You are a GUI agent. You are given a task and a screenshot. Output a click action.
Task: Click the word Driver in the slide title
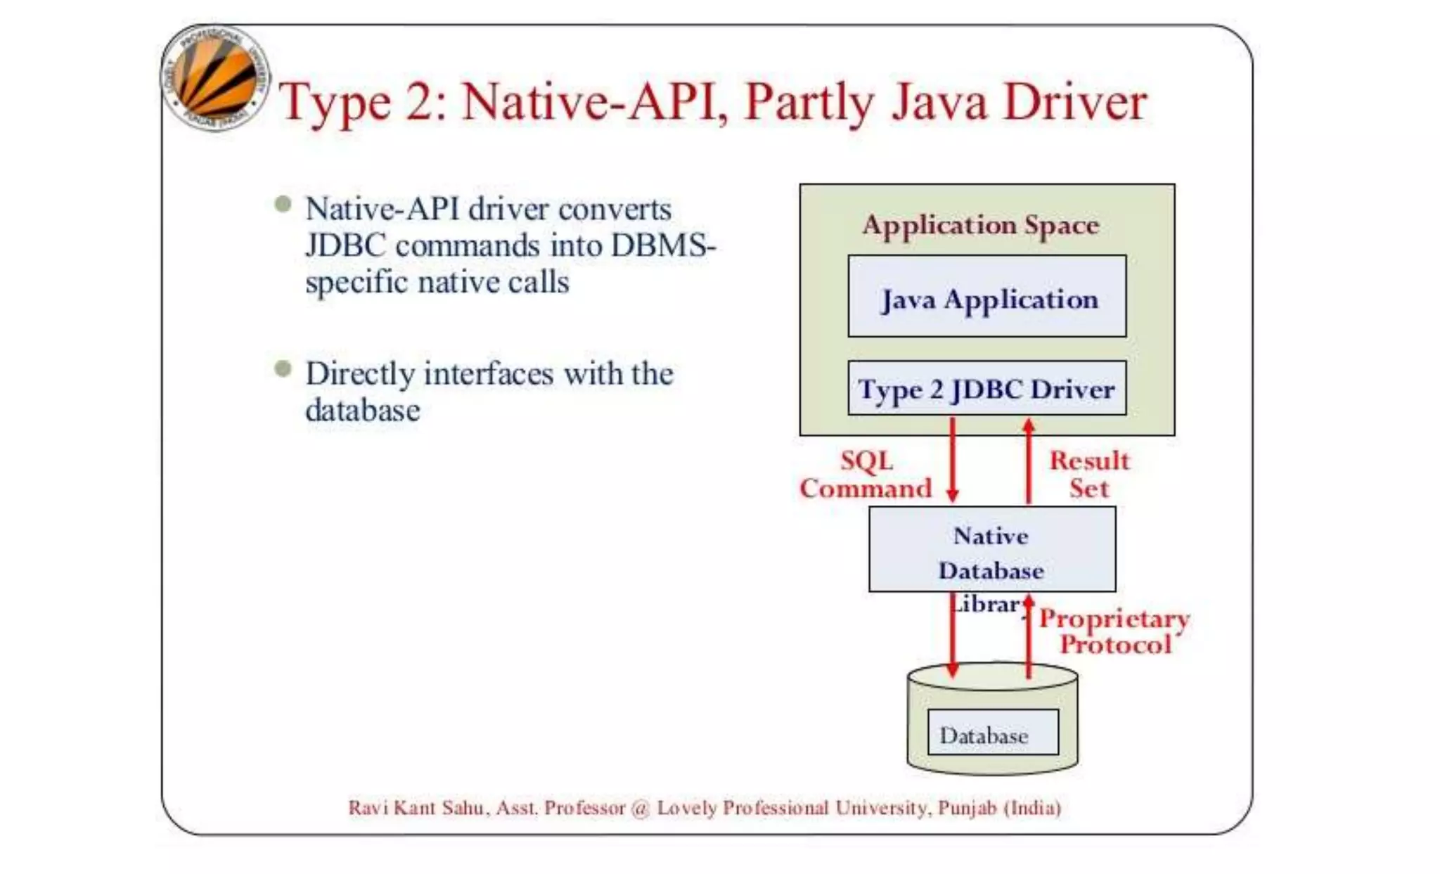[1075, 102]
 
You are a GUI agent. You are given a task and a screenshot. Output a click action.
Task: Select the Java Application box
[986, 297]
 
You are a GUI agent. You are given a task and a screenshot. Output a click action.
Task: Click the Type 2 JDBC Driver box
[986, 389]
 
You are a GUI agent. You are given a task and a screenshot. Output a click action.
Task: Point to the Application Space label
[981, 225]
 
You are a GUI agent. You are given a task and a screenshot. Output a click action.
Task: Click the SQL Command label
[866, 475]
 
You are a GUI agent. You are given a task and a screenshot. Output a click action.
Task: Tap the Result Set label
[1089, 475]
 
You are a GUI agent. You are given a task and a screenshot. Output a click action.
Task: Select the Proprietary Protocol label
[1115, 631]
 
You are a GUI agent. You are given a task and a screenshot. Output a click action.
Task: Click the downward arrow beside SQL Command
[953, 461]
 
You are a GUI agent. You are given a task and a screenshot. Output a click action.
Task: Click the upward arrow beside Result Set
[1029, 461]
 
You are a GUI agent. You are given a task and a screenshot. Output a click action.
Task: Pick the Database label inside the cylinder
[984, 735]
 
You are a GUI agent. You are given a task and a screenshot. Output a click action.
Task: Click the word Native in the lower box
[991, 536]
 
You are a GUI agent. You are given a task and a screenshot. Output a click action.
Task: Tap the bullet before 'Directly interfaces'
[283, 368]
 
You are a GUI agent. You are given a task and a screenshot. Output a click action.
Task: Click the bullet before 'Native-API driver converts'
[283, 205]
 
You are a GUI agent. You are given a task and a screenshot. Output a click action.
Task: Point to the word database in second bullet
[362, 411]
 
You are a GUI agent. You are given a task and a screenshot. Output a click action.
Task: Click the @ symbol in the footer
[641, 808]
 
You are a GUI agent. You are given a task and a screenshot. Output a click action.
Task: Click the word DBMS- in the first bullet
[663, 246]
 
